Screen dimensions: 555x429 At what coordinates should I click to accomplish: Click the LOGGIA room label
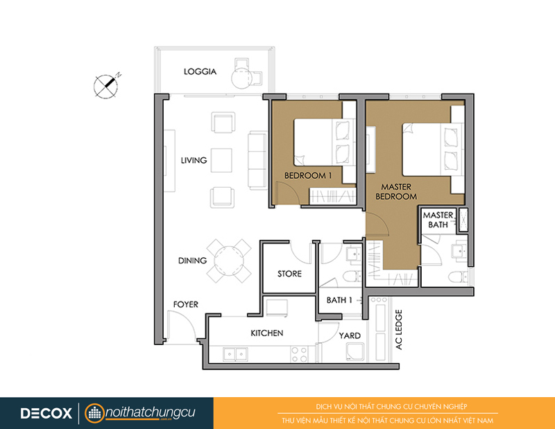200,71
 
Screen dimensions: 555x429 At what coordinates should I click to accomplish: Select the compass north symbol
107,85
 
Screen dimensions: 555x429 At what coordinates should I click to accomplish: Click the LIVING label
194,160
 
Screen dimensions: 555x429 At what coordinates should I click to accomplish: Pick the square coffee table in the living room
221,160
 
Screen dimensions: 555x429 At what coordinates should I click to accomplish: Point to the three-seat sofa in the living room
257,160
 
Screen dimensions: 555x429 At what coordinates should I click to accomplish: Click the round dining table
229,261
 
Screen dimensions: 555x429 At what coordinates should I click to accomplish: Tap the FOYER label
185,304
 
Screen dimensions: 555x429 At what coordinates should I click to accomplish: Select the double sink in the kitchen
235,354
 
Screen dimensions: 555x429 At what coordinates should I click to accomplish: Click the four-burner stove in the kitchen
300,354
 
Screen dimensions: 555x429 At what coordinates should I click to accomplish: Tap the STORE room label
289,273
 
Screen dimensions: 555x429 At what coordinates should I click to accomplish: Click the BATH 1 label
339,300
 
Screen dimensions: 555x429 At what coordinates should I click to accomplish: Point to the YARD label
350,335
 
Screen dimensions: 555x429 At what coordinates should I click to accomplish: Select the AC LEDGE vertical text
399,330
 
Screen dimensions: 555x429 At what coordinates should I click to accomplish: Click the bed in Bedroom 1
324,142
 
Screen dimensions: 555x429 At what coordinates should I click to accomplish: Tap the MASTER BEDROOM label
396,191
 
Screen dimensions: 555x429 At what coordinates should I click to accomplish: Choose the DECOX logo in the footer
46,413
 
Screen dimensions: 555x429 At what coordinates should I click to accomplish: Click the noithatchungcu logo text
150,412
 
